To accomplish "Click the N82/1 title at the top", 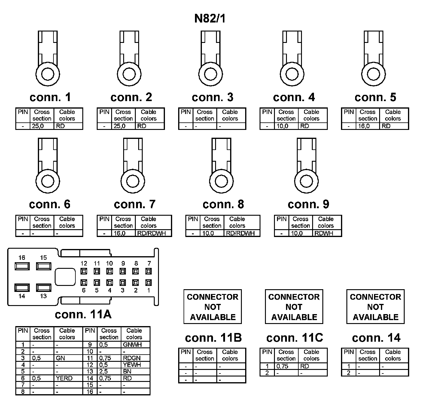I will point(210,19).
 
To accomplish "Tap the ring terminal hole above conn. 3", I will point(210,74).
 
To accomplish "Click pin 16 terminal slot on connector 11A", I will point(22,266).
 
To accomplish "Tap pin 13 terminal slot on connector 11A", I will point(44,288).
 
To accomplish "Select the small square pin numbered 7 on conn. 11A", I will point(148,271).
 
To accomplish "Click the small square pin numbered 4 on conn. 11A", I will point(110,282).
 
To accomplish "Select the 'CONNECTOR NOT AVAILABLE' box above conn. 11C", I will point(294,307).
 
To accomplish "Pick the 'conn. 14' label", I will point(376,338).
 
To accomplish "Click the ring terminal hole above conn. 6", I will point(47,181).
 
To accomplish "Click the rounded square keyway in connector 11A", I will point(65,277).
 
